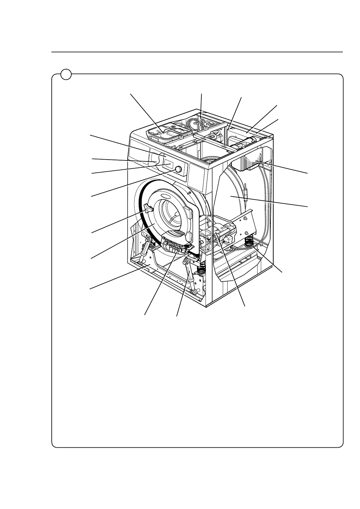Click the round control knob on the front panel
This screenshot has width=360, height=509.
tap(178, 169)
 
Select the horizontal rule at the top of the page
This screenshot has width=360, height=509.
tap(196, 52)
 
